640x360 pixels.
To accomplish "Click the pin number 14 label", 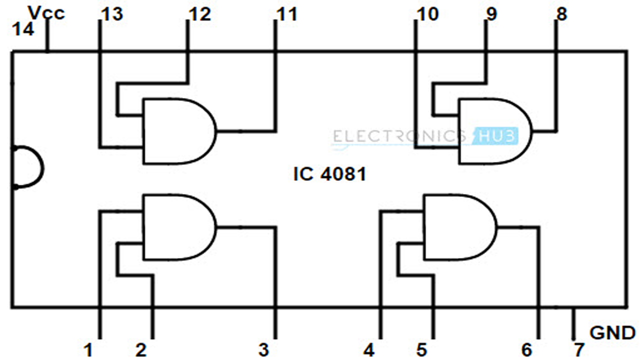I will [x=23, y=30].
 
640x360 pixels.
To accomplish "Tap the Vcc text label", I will [x=46, y=13].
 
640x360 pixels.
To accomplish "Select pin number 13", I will [x=111, y=14].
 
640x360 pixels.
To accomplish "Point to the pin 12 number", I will [x=200, y=14].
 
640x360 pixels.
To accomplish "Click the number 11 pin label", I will [x=286, y=14].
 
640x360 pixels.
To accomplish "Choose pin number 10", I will [x=427, y=14].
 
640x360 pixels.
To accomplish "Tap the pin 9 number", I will [x=491, y=14].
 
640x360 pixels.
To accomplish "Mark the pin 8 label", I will [x=561, y=14].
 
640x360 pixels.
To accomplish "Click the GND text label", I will [x=612, y=332].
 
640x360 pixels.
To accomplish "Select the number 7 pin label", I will [x=579, y=350].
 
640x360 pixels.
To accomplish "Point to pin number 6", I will [x=526, y=350].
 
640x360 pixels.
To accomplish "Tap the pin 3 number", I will [x=263, y=350].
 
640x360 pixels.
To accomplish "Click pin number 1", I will [x=88, y=350].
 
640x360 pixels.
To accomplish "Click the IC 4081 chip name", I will [x=329, y=174].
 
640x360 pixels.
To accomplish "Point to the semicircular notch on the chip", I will [x=27, y=168].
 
